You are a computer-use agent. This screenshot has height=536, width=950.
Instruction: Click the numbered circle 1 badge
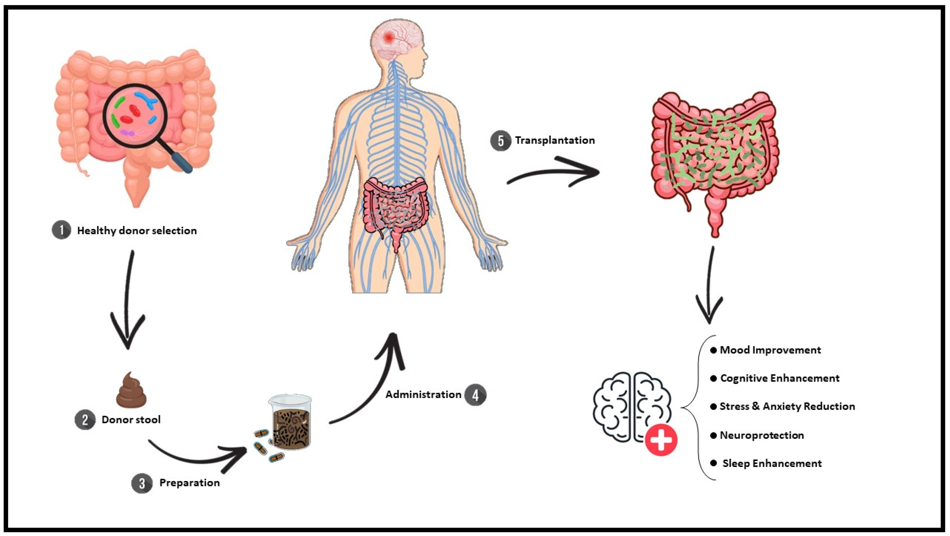[x=61, y=231]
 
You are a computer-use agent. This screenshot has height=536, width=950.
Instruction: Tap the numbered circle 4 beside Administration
[x=475, y=395]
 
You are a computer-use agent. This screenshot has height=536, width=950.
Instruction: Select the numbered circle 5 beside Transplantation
[x=500, y=141]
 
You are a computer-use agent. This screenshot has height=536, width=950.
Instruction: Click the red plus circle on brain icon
[x=661, y=440]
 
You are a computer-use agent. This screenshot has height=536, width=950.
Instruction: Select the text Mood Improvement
[x=770, y=350]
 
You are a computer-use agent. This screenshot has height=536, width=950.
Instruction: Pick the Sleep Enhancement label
[x=772, y=463]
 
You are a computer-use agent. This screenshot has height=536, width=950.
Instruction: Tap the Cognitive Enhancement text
[x=780, y=378]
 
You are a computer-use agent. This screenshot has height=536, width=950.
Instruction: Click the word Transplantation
[x=555, y=140]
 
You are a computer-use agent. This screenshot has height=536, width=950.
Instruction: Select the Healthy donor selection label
[x=136, y=231]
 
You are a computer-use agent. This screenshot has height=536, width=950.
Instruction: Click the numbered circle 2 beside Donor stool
[x=85, y=420]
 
